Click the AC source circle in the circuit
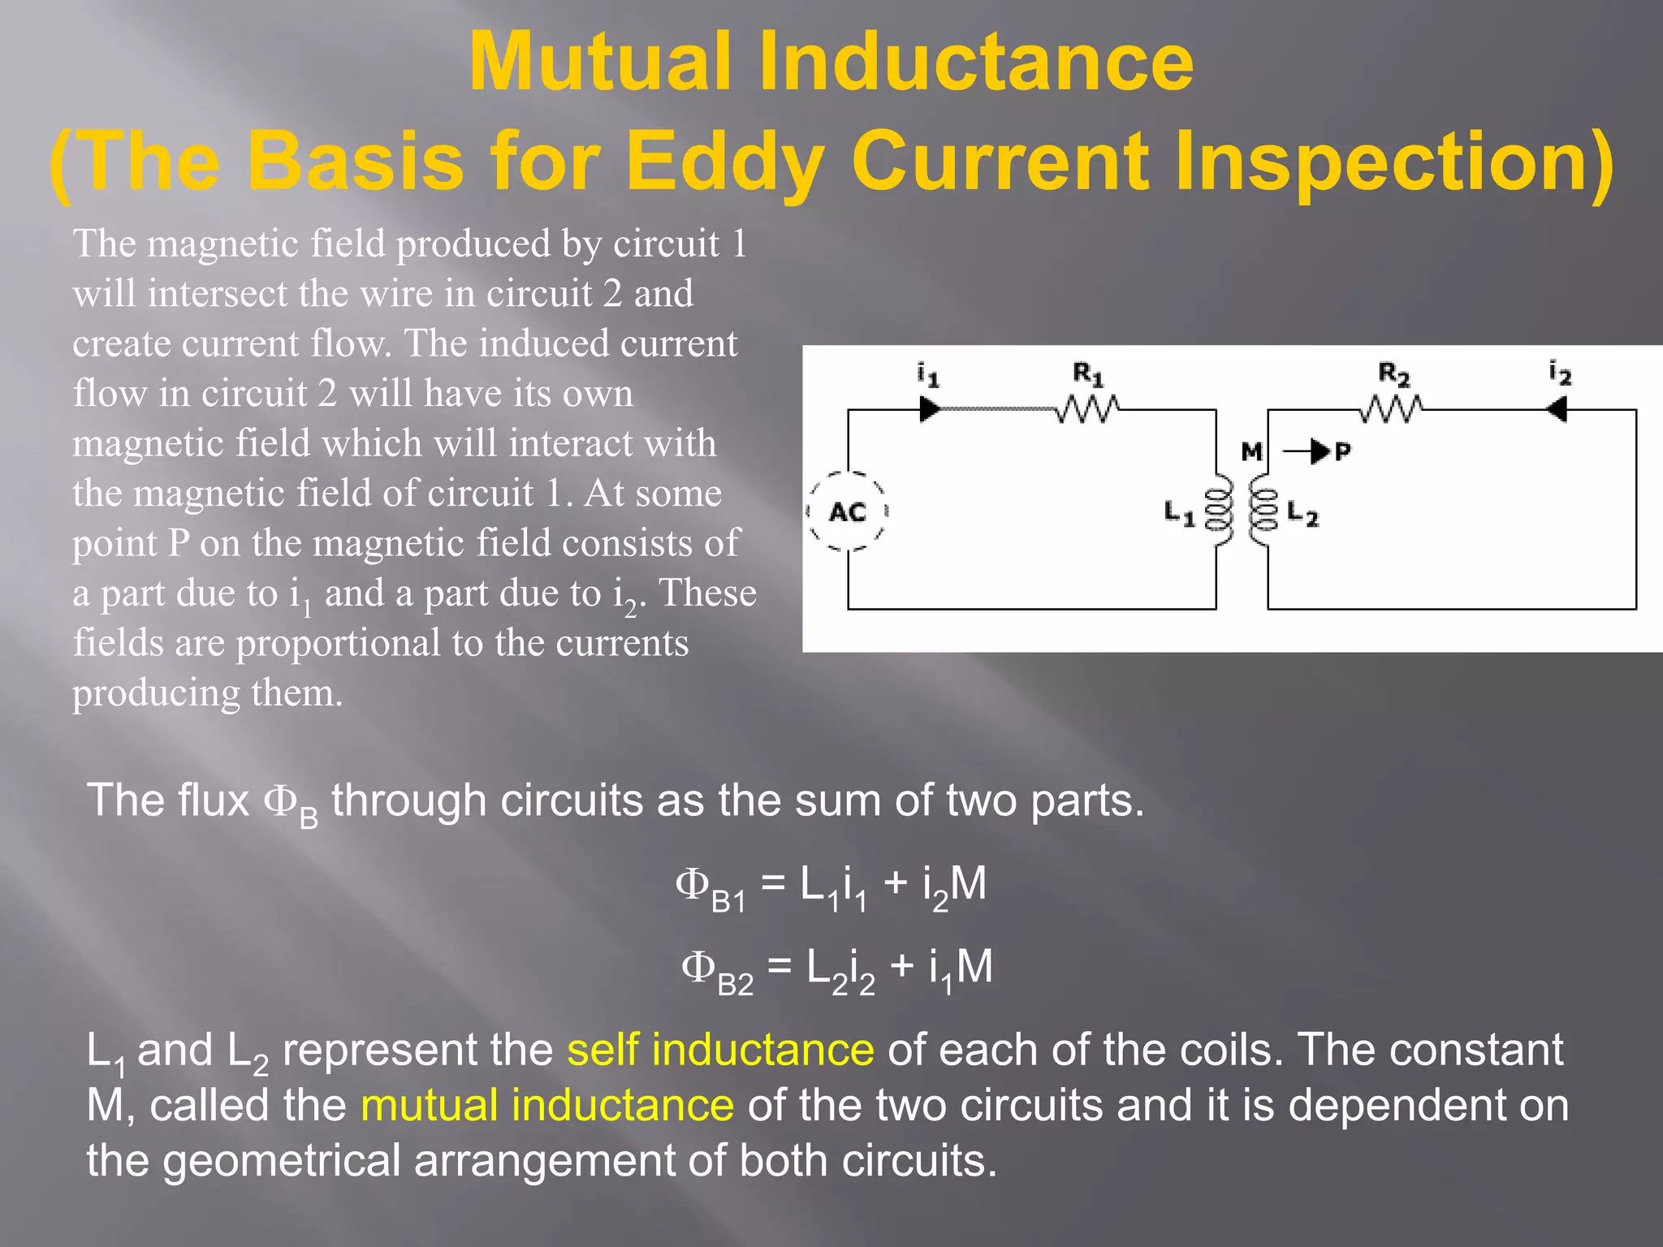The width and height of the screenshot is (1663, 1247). [x=848, y=511]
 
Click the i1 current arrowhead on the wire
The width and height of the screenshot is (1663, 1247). [x=929, y=409]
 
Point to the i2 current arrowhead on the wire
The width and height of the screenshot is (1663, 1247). [x=1557, y=409]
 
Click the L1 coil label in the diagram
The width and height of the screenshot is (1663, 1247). [x=1179, y=513]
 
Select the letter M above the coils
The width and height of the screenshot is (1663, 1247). [x=1252, y=451]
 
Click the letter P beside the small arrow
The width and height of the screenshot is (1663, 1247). [x=1342, y=451]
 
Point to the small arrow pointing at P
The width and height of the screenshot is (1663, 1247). [x=1307, y=451]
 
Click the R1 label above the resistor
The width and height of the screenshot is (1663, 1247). [x=1088, y=374]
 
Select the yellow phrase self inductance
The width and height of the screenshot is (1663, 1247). [x=720, y=1050]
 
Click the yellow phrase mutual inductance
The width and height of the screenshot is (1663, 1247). [x=547, y=1106]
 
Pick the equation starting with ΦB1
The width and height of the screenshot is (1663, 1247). [x=831, y=885]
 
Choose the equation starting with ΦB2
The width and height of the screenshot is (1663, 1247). [x=836, y=969]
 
